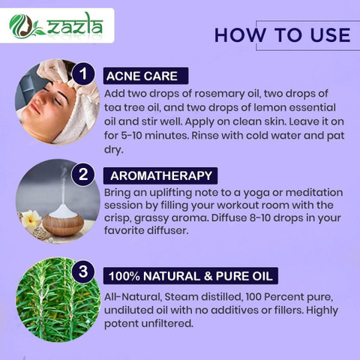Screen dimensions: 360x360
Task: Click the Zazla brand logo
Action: (56, 25)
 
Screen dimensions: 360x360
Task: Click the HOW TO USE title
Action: (283, 34)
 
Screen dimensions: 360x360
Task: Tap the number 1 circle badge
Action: (83, 74)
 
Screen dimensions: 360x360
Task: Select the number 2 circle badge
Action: (83, 174)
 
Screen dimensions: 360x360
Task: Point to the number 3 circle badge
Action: (83, 271)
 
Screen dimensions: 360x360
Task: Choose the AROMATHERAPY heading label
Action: (160, 175)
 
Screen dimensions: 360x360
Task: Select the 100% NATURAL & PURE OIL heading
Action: (190, 276)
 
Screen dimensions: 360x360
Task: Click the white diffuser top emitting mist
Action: (62, 211)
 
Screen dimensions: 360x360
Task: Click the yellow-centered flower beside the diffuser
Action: (31, 219)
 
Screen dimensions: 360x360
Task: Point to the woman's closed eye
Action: (58, 101)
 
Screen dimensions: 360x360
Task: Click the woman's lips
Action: (35, 108)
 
